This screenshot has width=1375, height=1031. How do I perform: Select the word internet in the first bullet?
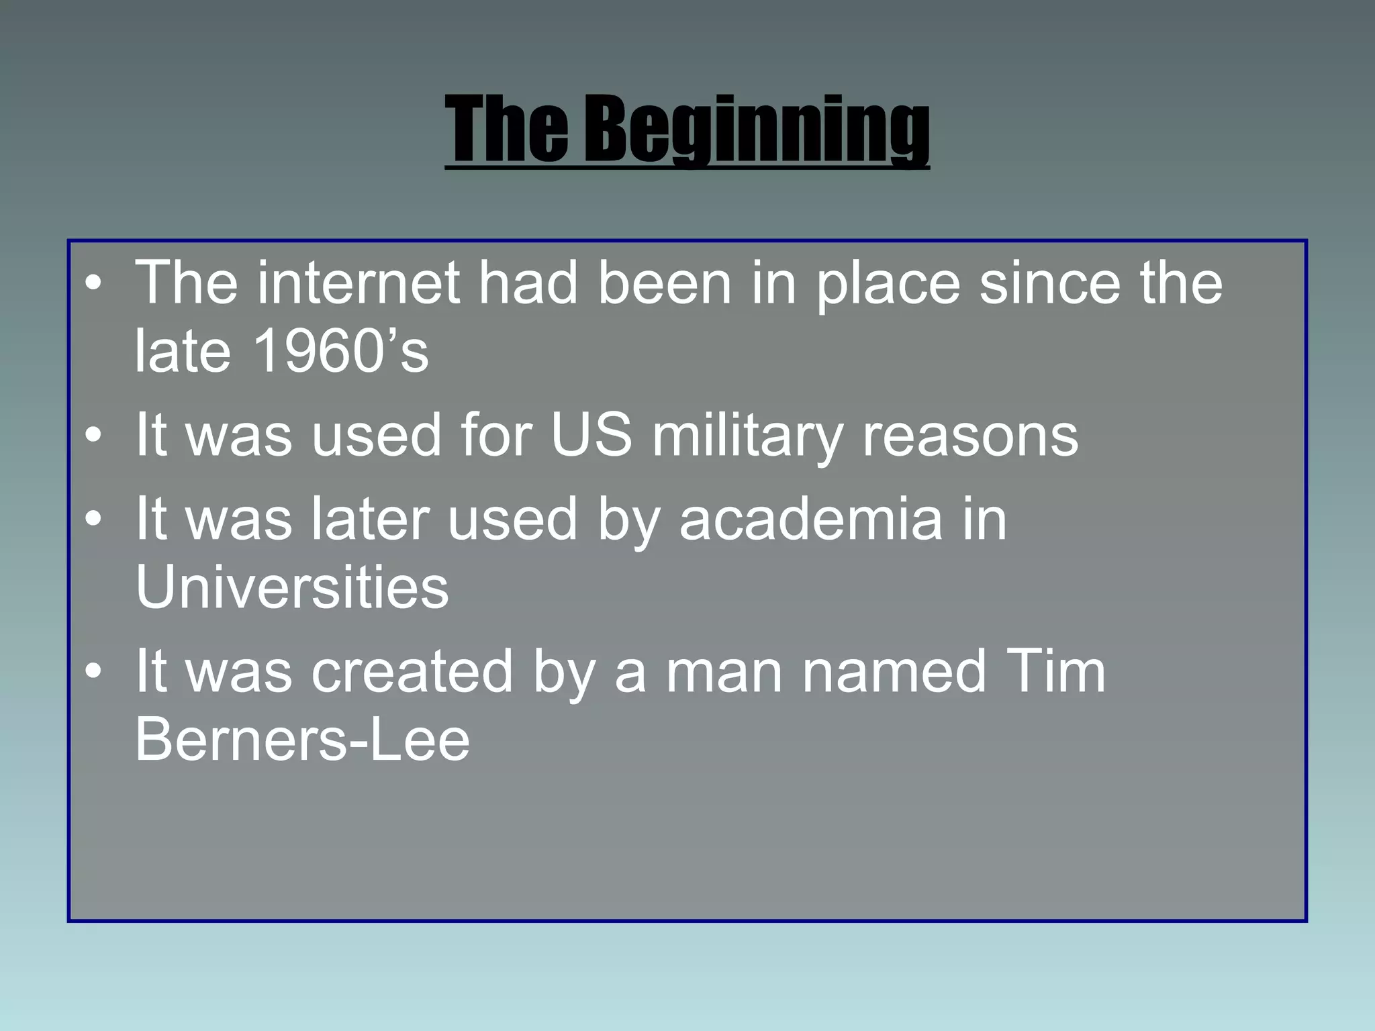pos(359,283)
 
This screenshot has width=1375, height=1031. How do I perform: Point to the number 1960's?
pos(341,351)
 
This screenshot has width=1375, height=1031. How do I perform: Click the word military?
pos(747,436)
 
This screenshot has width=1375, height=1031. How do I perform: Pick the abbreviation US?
pos(591,435)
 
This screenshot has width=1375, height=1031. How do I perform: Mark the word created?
pos(412,671)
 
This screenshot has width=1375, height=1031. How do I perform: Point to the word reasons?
pos(970,436)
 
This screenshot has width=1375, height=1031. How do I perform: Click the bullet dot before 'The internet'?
pos(94,285)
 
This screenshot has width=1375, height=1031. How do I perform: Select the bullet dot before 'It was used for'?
pos(94,437)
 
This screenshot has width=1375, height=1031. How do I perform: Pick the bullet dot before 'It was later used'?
pos(94,520)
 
